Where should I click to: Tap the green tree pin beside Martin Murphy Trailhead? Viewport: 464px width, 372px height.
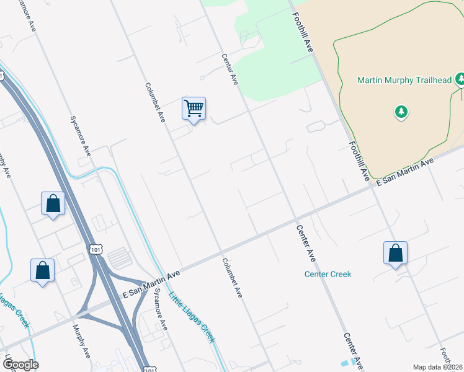[x=460, y=79]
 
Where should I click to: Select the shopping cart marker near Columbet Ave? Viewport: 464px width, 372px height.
[x=194, y=109]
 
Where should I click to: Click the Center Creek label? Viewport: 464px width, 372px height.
[x=328, y=274]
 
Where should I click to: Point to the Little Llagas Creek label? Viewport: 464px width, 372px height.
[x=192, y=316]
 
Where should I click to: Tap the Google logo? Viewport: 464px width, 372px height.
[x=20, y=364]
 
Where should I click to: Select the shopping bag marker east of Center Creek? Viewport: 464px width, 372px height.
[x=395, y=254]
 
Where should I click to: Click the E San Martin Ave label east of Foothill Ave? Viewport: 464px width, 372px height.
[x=406, y=170]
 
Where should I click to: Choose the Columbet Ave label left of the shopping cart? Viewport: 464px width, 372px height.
[x=155, y=102]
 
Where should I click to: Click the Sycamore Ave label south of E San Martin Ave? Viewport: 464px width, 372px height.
[x=161, y=309]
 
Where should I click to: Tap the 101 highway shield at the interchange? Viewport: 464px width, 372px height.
[x=94, y=249]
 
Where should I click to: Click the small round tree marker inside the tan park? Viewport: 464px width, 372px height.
[x=401, y=112]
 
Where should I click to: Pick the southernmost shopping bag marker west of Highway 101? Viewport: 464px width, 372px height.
[x=42, y=270]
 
